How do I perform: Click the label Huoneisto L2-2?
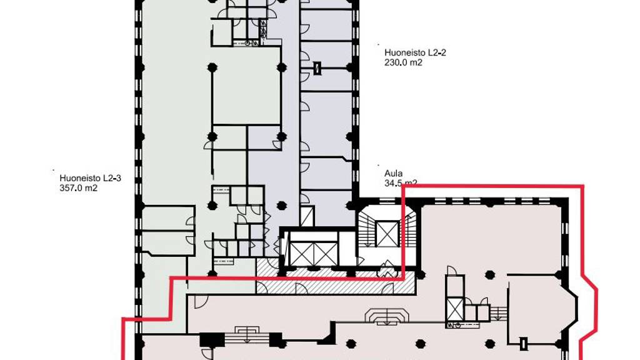415,52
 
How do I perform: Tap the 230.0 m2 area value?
403,62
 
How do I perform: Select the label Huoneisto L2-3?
90,178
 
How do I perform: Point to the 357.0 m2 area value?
78,188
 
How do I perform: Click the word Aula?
394,174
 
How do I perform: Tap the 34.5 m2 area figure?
401,183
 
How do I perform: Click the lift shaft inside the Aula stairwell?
387,234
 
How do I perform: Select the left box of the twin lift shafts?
301,254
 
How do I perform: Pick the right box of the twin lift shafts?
326,254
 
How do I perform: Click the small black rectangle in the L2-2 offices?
317,68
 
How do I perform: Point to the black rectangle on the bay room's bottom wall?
524,344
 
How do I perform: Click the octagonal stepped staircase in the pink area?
386,316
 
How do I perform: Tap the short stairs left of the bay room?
498,313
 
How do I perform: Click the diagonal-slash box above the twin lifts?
307,216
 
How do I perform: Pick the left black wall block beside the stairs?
212,340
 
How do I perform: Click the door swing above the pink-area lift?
452,271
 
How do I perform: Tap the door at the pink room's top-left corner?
201,302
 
